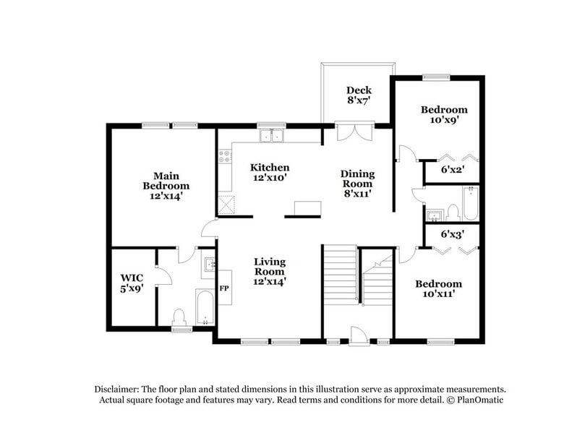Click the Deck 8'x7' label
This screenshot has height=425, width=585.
(359, 96)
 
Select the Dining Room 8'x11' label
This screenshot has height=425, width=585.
(357, 184)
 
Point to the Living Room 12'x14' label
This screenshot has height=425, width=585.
(269, 271)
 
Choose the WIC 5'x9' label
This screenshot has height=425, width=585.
(132, 283)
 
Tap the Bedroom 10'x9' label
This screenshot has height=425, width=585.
(444, 115)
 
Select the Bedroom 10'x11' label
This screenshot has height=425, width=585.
(437, 289)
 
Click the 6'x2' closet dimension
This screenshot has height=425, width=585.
(452, 171)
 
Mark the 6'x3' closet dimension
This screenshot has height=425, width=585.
(452, 233)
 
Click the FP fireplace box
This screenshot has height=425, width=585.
(224, 287)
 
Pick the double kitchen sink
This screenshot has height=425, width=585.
(272, 135)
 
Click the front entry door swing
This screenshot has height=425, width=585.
(357, 334)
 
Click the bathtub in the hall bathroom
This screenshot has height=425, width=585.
(471, 204)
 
